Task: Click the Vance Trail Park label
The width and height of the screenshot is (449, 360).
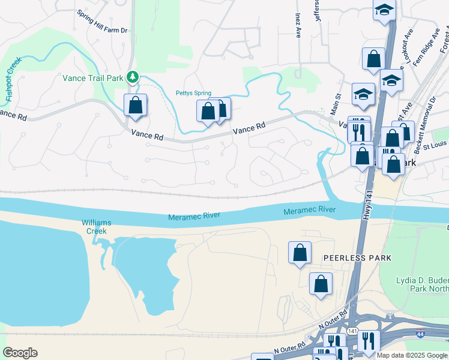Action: pyautogui.click(x=92, y=77)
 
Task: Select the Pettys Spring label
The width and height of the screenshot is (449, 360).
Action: pyautogui.click(x=193, y=93)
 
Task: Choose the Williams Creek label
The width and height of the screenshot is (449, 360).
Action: pyautogui.click(x=97, y=227)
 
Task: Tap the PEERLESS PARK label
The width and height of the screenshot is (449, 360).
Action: pyautogui.click(x=357, y=258)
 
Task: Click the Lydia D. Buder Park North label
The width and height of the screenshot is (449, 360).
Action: pyautogui.click(x=422, y=284)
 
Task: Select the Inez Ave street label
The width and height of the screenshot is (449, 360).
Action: pyautogui.click(x=297, y=24)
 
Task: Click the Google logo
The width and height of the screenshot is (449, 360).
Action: pyautogui.click(x=20, y=353)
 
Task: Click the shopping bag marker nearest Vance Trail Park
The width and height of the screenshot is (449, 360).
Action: pyautogui.click(x=136, y=105)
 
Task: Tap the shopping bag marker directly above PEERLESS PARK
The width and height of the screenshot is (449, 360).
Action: pyautogui.click(x=300, y=253)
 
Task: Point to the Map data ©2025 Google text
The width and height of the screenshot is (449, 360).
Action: pyautogui.click(x=412, y=355)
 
